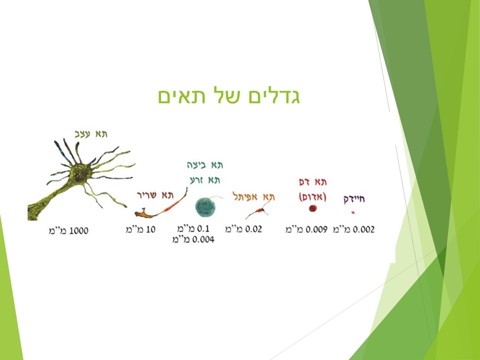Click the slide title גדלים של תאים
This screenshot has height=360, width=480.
[x=229, y=96]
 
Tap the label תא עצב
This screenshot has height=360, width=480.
[x=90, y=134]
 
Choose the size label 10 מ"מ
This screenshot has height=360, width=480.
[x=140, y=229]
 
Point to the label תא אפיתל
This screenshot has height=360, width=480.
[x=254, y=196]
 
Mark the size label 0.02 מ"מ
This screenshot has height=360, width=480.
[x=243, y=229]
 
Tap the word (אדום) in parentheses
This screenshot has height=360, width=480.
[x=313, y=196]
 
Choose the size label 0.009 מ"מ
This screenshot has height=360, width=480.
[x=306, y=229]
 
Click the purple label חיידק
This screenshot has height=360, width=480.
[x=354, y=199]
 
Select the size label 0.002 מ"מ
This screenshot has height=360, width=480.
[x=353, y=229]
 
